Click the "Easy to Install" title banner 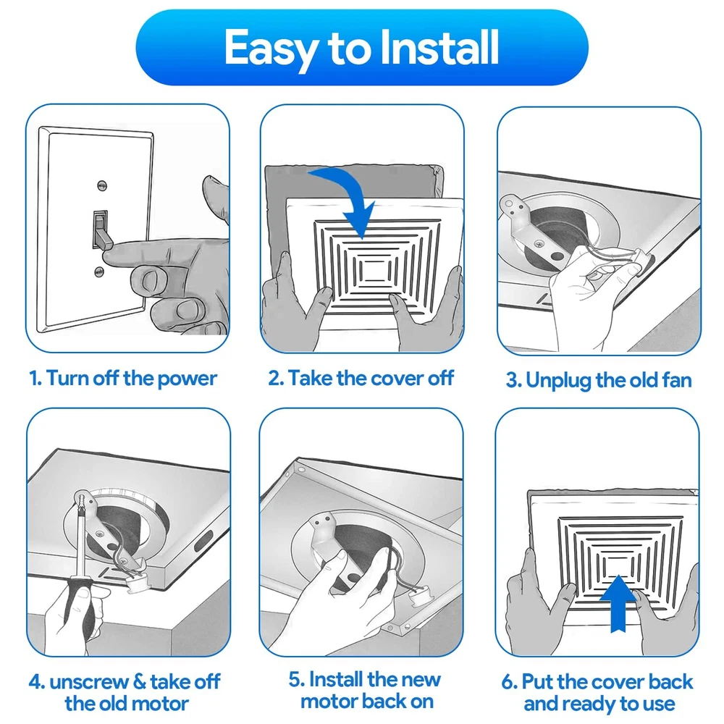362,47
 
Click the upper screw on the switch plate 102,185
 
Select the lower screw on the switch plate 99,271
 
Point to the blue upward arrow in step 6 618,603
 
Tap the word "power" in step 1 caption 187,379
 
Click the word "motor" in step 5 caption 329,702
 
